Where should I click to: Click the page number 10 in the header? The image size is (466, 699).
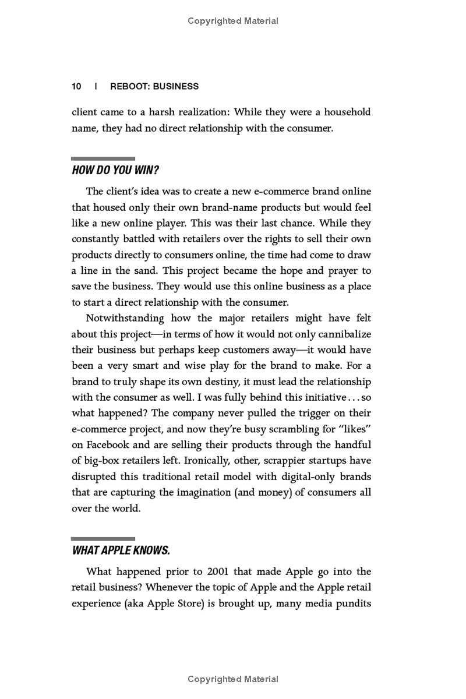point(76,86)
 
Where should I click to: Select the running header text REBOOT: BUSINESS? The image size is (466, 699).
point(154,86)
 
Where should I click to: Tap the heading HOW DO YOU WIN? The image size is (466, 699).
point(115,171)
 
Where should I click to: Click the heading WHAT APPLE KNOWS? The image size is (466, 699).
point(121,550)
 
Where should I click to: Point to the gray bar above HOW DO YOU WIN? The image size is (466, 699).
point(103,158)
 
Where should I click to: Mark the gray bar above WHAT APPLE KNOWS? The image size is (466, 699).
point(103,539)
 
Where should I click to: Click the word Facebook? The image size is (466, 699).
point(109,444)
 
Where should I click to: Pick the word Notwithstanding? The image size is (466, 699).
point(125,318)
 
